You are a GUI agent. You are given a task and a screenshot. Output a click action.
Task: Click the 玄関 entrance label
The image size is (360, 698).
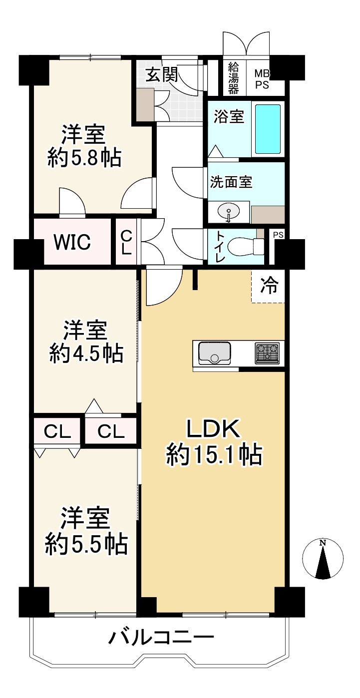(162, 74)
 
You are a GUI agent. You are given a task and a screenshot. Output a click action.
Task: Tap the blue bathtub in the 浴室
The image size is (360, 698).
(268, 129)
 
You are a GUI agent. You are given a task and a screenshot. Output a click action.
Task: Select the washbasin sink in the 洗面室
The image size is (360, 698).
(229, 212)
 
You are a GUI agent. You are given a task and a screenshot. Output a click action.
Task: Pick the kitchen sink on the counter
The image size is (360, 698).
(214, 353)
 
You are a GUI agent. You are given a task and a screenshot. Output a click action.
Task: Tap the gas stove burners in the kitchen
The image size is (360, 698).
(267, 353)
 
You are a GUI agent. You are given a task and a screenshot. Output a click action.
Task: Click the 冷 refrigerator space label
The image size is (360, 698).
(269, 286)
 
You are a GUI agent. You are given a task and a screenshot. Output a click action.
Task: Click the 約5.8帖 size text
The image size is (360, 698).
(84, 159)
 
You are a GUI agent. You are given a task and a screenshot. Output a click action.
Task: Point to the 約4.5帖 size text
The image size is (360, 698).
(86, 353)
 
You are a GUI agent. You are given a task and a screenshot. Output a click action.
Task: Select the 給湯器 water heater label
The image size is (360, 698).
(234, 77)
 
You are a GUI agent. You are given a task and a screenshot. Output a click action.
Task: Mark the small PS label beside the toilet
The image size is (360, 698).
(278, 235)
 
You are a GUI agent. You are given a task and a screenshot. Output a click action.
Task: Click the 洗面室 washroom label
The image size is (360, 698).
(231, 182)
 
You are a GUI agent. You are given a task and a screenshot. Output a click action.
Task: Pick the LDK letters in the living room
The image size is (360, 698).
(213, 429)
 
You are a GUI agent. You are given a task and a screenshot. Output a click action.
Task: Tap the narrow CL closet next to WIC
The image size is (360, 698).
(126, 242)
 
